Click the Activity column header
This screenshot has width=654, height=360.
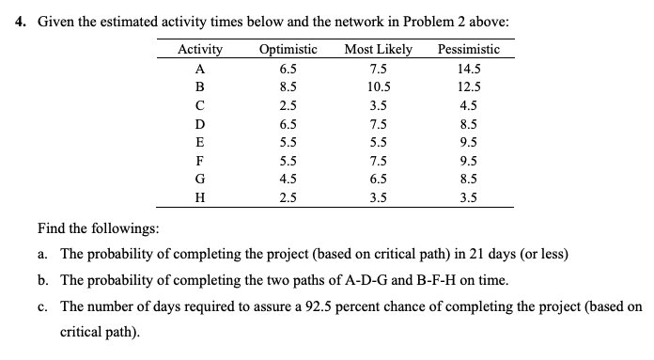point(200,50)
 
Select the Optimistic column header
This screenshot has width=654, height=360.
point(287,50)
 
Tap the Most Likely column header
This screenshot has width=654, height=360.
point(378,50)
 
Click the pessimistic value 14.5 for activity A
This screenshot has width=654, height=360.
point(468,69)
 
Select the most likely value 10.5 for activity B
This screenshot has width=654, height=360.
point(378,86)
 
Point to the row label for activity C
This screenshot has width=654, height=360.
point(200,105)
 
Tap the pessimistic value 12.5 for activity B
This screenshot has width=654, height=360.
point(468,86)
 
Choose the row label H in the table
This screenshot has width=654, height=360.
point(200,196)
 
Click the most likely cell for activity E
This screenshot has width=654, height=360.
point(378,141)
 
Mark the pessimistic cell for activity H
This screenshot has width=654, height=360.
point(468,196)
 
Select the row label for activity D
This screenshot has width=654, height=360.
point(200,123)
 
